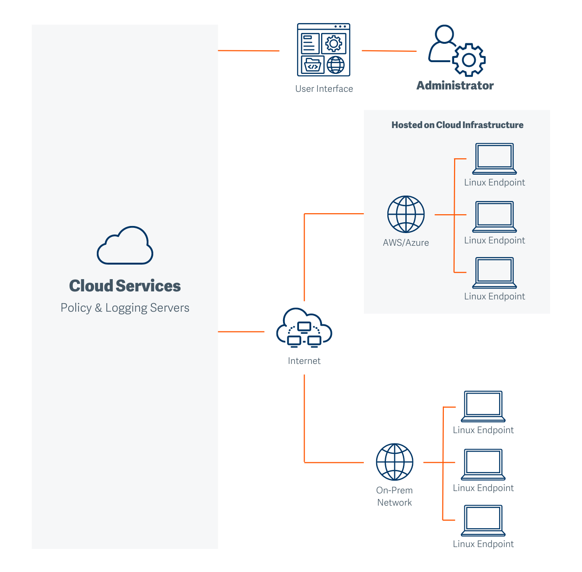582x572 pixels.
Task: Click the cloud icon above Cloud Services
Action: (125, 246)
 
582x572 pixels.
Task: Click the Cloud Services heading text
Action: (125, 286)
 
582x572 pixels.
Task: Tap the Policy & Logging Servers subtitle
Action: (125, 308)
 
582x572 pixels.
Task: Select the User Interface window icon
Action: (324, 50)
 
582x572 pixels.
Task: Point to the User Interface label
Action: (324, 89)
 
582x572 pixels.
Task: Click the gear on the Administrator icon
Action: (469, 60)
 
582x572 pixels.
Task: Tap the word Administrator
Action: (455, 86)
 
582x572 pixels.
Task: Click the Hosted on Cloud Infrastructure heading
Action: (457, 125)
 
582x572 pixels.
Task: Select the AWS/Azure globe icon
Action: (406, 214)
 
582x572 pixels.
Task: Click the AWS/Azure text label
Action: (406, 243)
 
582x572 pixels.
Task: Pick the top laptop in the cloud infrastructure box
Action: (495, 159)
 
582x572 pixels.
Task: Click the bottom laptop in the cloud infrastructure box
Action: (495, 273)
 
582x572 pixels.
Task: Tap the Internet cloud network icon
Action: (304, 328)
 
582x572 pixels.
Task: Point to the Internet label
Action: (304, 361)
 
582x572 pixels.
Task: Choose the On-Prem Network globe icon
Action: (394, 462)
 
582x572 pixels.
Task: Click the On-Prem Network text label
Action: (394, 496)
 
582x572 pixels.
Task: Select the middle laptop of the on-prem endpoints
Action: (483, 464)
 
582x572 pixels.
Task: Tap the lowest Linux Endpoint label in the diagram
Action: (483, 544)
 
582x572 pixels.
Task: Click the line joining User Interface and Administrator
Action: (389, 51)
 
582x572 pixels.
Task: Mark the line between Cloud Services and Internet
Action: (241, 331)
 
